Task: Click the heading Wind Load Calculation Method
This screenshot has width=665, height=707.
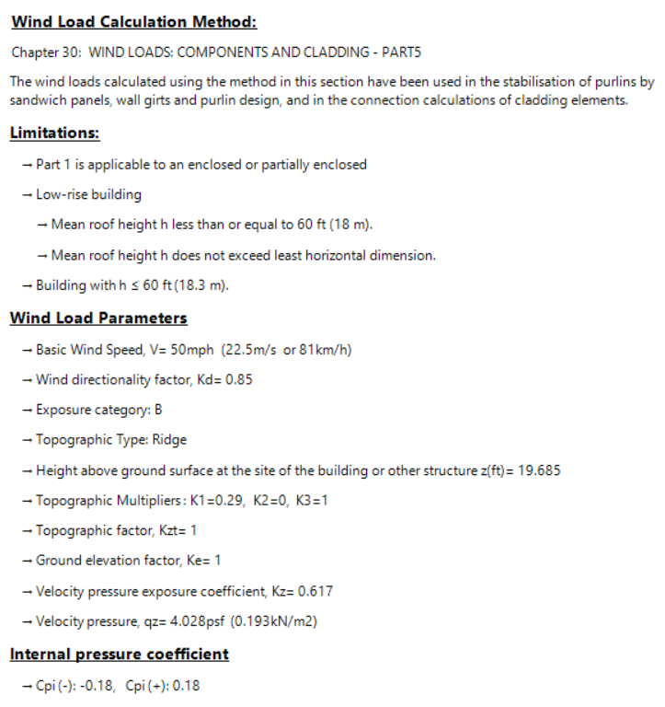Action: click(133, 22)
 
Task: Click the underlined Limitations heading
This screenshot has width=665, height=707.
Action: click(54, 133)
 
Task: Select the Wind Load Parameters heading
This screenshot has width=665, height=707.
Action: click(98, 319)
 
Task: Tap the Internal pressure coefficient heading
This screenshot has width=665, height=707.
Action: click(119, 655)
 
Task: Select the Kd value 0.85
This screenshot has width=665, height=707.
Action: click(238, 380)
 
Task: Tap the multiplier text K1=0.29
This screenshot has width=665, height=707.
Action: click(215, 501)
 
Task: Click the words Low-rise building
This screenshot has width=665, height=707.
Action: click(88, 195)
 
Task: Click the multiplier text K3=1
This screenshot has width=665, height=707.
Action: click(314, 501)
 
